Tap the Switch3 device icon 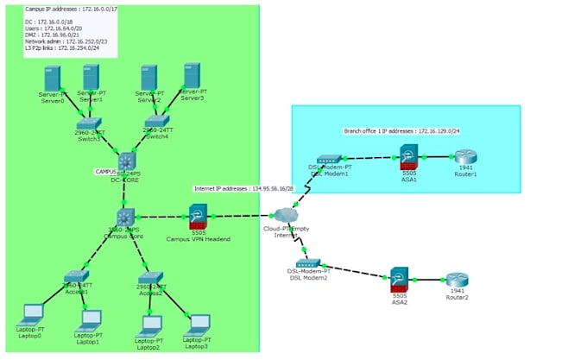tap(89, 124)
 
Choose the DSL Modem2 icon tap(308, 262)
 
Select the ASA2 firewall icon tap(399, 277)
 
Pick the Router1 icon tap(464, 158)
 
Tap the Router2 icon tap(457, 280)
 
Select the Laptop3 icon tap(199, 323)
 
